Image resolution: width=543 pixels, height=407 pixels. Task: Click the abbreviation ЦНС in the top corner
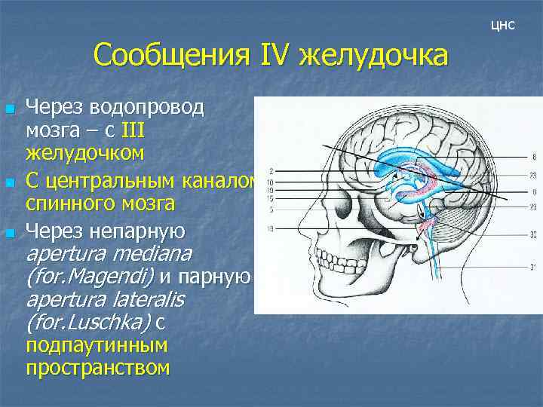pos(502,26)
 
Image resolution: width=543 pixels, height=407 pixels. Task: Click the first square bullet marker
pos(9,110)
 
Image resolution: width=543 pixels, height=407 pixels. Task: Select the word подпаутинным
pos(97,346)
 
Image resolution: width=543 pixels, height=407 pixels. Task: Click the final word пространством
pos(97,369)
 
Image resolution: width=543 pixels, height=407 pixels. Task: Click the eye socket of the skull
pos(344,227)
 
